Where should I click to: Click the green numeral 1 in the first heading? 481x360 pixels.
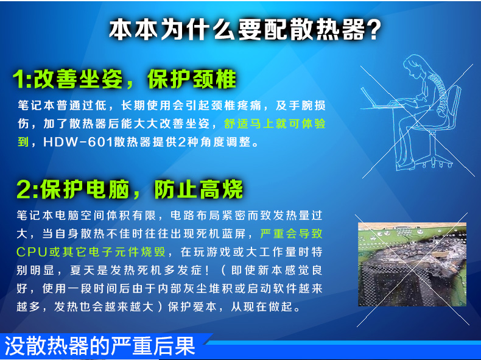click(x=19, y=79)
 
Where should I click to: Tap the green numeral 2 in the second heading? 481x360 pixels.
click(x=24, y=189)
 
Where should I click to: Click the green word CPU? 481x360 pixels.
click(x=32, y=252)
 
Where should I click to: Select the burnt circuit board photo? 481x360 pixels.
click(x=412, y=264)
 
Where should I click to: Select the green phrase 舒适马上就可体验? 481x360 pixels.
click(x=275, y=124)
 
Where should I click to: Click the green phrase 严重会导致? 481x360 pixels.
click(x=291, y=233)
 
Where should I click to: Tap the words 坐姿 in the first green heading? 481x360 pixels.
click(x=100, y=79)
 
